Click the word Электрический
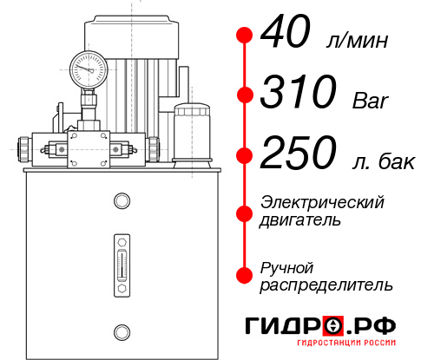(x=322, y=202)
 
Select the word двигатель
(x=300, y=220)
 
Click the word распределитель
(x=326, y=285)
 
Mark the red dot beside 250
(x=245, y=154)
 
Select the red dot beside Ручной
(x=245, y=273)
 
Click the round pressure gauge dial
(x=88, y=66)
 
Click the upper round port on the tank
(x=122, y=202)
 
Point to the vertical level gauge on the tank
(x=122, y=260)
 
